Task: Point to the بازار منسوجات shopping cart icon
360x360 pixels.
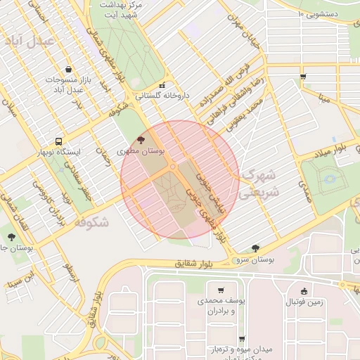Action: click(67, 69)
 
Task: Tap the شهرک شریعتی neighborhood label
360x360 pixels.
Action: click(257, 183)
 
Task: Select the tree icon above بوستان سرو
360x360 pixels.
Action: click(254, 247)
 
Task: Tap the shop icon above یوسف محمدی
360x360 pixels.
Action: click(221, 290)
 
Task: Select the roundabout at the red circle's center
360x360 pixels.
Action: click(173, 167)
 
